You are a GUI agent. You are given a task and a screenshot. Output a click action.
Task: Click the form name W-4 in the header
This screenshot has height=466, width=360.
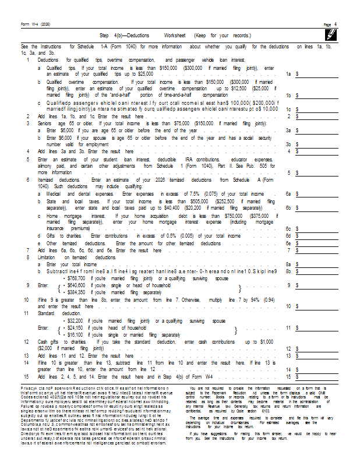[31, 24]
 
